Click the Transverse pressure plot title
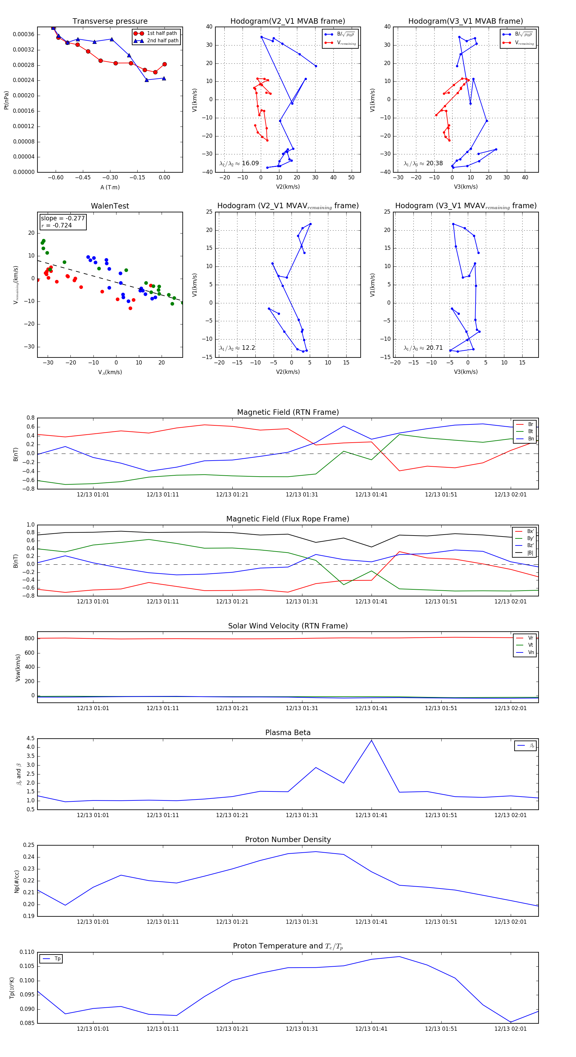(110, 21)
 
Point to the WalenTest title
(110, 206)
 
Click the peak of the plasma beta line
(372, 740)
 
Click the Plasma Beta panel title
(288, 733)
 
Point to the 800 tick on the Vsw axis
(29, 638)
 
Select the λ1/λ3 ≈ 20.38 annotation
(423, 163)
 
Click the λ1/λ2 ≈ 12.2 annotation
(237, 348)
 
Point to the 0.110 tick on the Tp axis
(27, 952)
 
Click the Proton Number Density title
(288, 840)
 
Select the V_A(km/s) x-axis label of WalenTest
(110, 372)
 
